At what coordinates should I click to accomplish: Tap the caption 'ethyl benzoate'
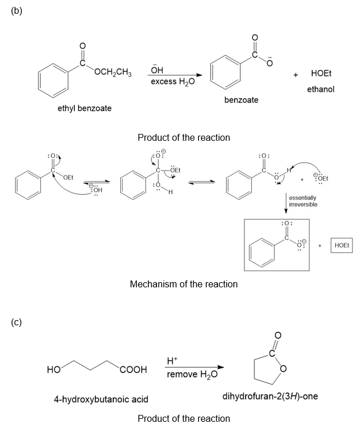coord(85,108)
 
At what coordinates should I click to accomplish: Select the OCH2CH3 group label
coord(113,73)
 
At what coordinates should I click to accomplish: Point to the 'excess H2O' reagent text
coord(173,82)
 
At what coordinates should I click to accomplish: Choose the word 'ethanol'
coord(320,89)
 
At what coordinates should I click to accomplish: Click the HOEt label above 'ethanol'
coord(320,74)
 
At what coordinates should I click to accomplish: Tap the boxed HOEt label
coord(342,245)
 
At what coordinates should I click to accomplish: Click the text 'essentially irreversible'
coord(303,201)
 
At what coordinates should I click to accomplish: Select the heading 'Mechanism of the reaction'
coord(183,284)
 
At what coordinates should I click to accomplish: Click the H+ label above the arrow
coord(172,361)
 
